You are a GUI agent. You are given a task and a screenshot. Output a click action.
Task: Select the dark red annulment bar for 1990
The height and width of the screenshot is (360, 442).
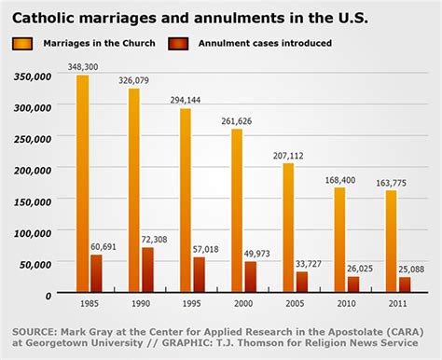pos(147,270)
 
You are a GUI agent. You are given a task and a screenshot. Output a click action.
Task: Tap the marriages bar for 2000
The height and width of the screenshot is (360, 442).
pos(237,210)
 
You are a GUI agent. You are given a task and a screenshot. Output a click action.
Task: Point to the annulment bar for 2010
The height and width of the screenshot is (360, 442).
pos(352,284)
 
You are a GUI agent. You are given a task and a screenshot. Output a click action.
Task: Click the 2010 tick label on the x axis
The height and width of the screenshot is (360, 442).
pos(346,303)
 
